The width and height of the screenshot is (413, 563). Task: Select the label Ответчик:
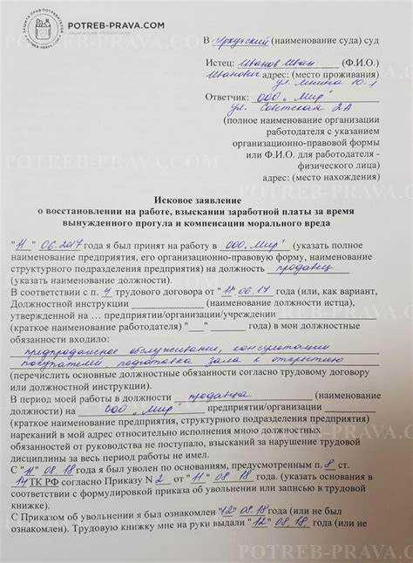pyautogui.click(x=229, y=97)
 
